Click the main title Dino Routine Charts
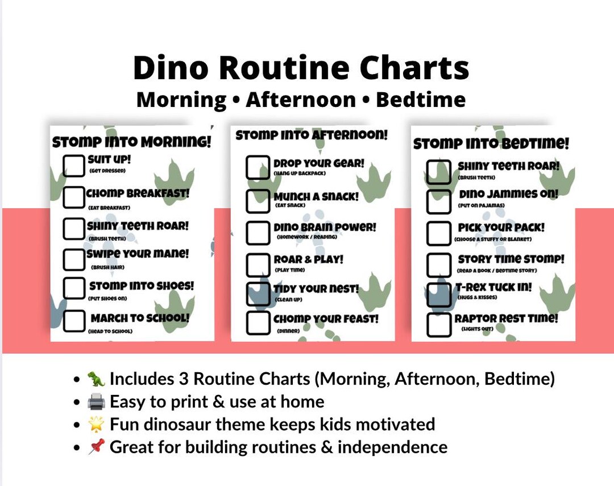301,68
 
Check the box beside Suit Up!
73,164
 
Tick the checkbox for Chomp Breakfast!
73,196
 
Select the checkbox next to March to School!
73,321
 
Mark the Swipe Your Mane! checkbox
73,259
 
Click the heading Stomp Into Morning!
131,142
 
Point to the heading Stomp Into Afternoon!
312,135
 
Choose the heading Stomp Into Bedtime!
491,144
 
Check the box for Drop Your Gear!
257,167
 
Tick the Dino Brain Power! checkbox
257,231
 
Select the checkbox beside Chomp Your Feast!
257,322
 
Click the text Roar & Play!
308,260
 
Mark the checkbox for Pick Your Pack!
438,232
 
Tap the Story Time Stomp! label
511,260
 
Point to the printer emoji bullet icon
96,402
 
